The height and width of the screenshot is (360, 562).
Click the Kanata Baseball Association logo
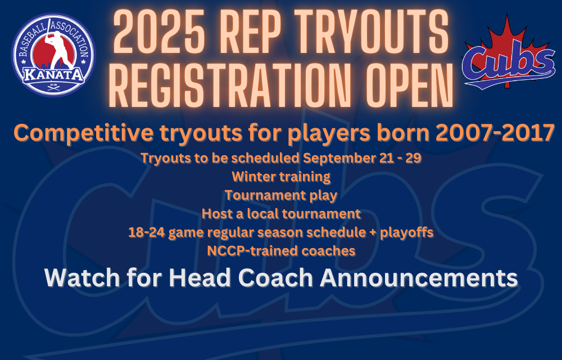(x=54, y=55)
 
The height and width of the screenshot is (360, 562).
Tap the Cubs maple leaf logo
(x=509, y=52)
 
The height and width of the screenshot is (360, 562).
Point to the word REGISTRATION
(x=230, y=86)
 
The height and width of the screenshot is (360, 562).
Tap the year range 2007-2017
(x=495, y=133)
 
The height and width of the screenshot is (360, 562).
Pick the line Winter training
(x=281, y=177)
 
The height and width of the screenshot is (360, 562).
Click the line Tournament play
(x=281, y=196)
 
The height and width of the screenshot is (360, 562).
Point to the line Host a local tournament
(x=281, y=214)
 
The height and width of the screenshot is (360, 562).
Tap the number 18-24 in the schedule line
(x=147, y=232)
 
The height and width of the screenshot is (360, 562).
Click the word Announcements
(x=419, y=278)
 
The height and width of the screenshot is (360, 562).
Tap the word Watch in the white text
(x=82, y=278)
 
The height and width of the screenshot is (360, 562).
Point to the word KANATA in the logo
(x=54, y=75)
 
